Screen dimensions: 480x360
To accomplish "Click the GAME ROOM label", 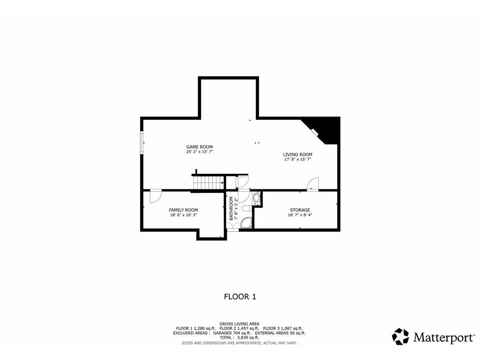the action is coord(199,147).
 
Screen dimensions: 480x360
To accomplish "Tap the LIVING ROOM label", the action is coord(298,155).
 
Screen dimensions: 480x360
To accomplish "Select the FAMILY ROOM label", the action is coord(183,210).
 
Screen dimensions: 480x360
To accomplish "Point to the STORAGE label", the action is coord(300,210).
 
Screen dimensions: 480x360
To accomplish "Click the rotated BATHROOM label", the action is coord(231,209).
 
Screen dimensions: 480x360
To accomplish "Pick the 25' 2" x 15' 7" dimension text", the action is coord(199,152).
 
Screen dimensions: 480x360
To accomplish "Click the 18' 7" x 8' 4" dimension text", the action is coord(300,215).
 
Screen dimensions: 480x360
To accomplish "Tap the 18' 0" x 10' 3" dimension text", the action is coord(183,215).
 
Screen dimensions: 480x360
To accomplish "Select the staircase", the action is coord(208,183).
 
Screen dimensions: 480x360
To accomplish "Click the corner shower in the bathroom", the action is coord(246,223).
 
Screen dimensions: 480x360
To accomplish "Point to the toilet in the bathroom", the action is coord(247,209).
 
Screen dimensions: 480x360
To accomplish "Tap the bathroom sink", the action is coord(256,198).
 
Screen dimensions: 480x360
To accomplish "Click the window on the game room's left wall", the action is coord(142,142).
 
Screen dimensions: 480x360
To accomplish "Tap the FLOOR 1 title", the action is coord(240,297).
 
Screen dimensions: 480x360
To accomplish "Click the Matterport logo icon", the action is coord(400,337).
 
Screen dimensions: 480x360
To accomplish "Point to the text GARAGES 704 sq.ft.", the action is coord(232,333).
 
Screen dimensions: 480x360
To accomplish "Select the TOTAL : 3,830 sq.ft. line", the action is coord(239,337).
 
